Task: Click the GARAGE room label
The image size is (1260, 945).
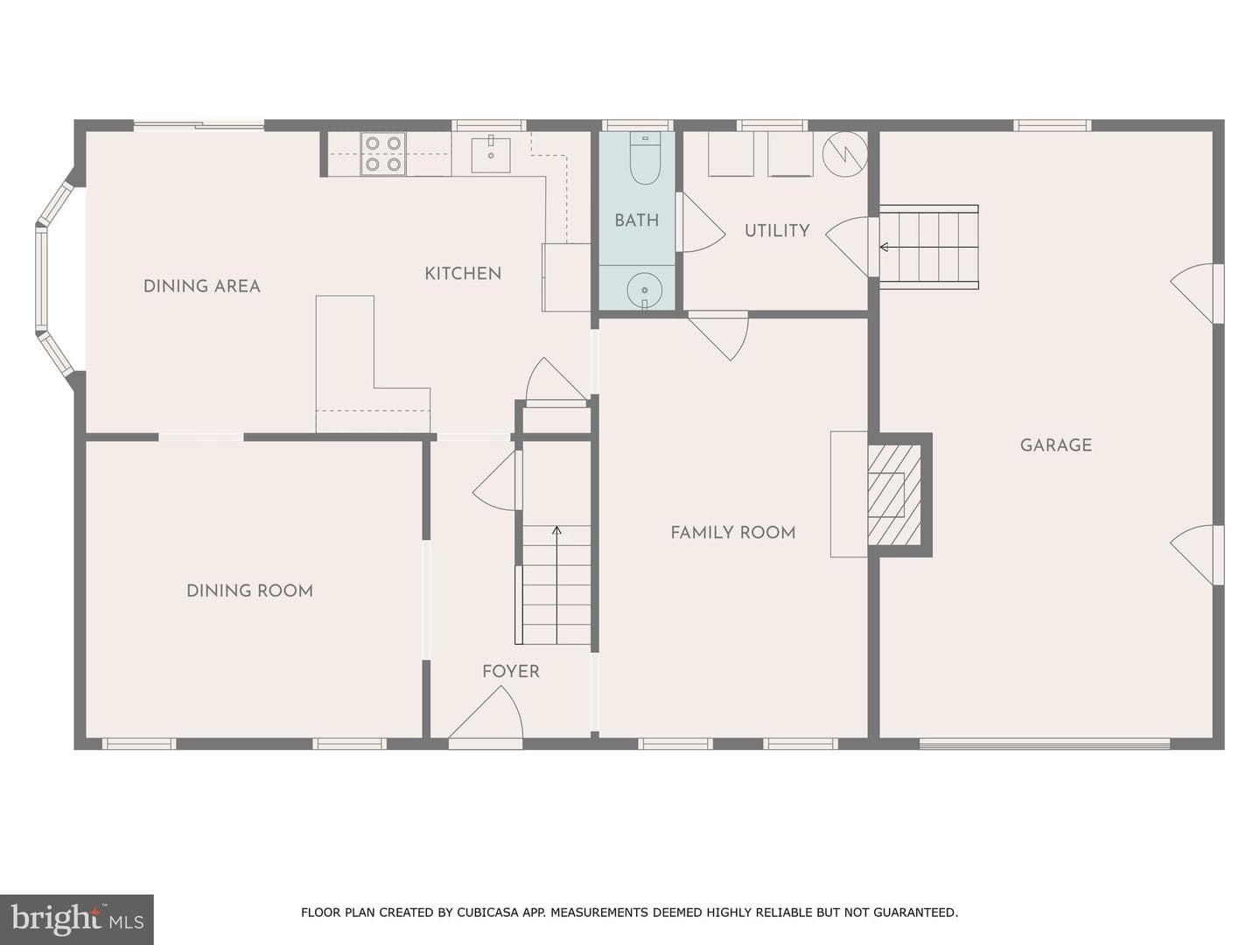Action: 1055,445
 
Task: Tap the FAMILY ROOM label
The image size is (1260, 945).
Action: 733,533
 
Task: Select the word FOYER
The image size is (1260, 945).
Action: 511,671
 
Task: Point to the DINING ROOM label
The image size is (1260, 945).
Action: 249,591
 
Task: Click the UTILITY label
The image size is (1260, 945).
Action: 777,231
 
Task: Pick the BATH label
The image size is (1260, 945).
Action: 637,220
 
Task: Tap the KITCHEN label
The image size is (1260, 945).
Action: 463,274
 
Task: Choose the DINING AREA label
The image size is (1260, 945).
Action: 201,286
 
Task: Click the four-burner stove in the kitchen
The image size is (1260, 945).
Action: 383,154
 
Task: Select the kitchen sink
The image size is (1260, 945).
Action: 491,154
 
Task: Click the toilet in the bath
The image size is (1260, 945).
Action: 645,157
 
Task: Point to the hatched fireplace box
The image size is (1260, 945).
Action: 893,494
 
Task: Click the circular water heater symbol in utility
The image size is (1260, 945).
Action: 844,154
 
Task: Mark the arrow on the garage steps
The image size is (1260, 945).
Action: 928,248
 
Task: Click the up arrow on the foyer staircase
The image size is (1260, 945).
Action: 556,584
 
